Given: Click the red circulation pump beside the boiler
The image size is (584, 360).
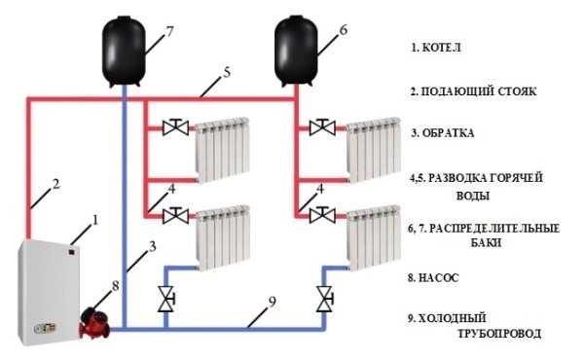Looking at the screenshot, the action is (94, 322).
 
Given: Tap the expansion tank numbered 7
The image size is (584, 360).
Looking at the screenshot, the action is (124, 52).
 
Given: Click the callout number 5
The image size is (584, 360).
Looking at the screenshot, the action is (227, 72).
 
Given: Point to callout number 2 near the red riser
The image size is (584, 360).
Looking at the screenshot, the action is (55, 184).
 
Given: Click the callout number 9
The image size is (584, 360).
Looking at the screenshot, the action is (272, 302).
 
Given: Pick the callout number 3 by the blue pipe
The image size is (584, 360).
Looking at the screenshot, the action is (152, 246).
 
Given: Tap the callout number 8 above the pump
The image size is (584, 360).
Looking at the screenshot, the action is (115, 286).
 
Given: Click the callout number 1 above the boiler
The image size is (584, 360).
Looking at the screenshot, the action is (95, 220).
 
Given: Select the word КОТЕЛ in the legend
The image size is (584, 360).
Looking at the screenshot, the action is (442, 48).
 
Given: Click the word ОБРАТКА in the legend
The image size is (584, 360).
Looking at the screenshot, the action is (448, 133).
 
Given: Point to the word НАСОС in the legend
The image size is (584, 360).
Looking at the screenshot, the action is (439, 277).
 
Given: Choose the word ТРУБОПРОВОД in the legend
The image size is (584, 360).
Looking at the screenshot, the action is (499, 333).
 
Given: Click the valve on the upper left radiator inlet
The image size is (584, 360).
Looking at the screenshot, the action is (176, 127).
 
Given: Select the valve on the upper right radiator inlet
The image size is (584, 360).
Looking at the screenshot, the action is (322, 127).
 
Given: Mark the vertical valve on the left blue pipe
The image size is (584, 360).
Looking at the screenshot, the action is (166, 299).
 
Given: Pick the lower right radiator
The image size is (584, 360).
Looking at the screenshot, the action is (374, 238).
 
